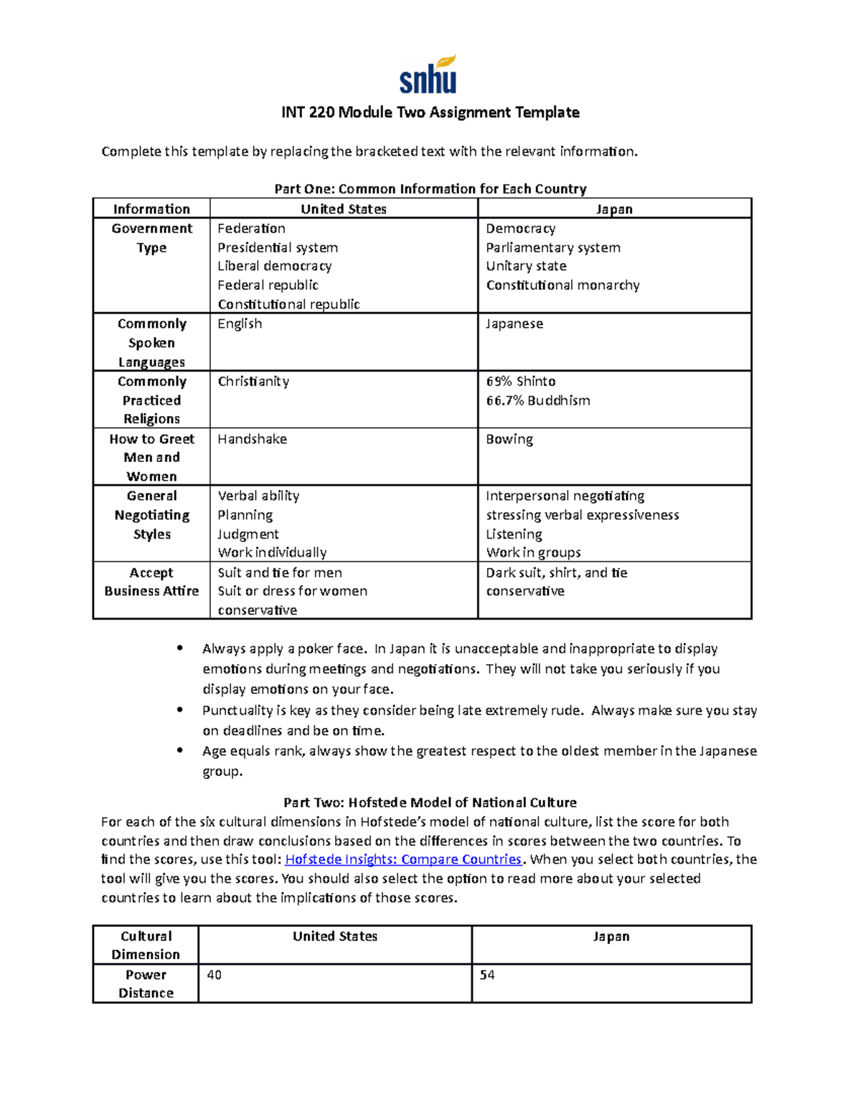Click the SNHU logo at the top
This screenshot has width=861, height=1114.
coord(428,75)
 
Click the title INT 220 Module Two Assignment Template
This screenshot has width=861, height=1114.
coord(430,112)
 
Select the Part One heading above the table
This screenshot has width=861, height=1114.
coord(430,189)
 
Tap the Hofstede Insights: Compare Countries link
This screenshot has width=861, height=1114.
coord(403,859)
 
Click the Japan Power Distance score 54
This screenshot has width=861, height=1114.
coord(487,975)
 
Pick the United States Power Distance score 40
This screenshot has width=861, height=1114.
coord(214,975)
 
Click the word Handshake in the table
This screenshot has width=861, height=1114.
coord(252,439)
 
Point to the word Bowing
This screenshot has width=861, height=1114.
coord(509,439)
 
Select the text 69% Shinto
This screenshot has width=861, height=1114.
coord(520,382)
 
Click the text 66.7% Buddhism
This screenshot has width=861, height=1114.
coord(537,400)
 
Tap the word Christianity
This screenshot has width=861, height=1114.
coord(253,382)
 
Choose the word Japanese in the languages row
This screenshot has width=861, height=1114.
coord(514,324)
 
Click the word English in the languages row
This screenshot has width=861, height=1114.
coord(240,324)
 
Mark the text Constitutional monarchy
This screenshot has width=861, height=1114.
coord(563,285)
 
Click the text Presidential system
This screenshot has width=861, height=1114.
coord(278,247)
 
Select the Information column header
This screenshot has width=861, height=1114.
coord(151,209)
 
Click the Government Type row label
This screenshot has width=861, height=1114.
coord(151,237)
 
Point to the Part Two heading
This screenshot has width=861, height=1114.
coord(430,802)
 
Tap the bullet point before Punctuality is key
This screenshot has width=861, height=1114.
coord(180,710)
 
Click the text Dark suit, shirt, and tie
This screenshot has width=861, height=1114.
coord(556,572)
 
